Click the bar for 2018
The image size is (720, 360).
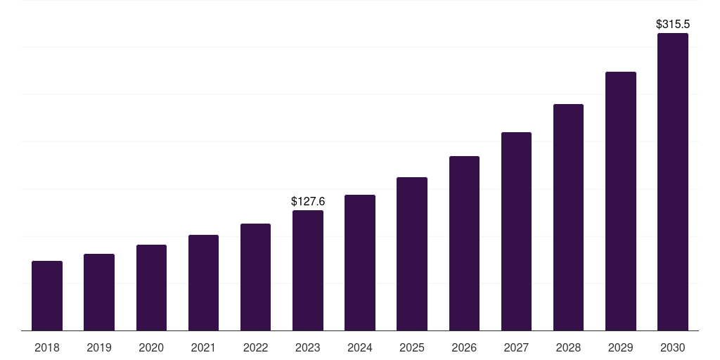[x=47, y=296]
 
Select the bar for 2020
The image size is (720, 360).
[x=151, y=288]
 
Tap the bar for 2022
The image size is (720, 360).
[x=255, y=277]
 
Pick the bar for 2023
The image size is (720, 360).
[x=308, y=271]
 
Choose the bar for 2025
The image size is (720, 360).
[x=412, y=254]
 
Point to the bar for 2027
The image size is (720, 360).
[x=516, y=231]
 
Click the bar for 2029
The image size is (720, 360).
[x=621, y=201]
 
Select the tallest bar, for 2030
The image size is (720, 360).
[x=673, y=182]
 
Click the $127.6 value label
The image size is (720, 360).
[x=308, y=202]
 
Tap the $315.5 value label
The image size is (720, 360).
[x=673, y=25]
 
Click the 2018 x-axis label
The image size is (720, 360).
[x=47, y=347]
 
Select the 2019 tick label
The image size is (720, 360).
[x=99, y=347]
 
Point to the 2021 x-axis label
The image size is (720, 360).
[x=203, y=347]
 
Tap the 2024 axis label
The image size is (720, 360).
[x=360, y=347]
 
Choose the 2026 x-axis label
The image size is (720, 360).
[x=464, y=347]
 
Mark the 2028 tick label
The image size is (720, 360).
[x=568, y=347]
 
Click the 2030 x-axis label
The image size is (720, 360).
[x=673, y=347]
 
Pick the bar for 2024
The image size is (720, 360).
[x=360, y=263]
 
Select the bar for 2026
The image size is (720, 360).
[x=464, y=243]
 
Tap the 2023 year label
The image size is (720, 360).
[x=308, y=347]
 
